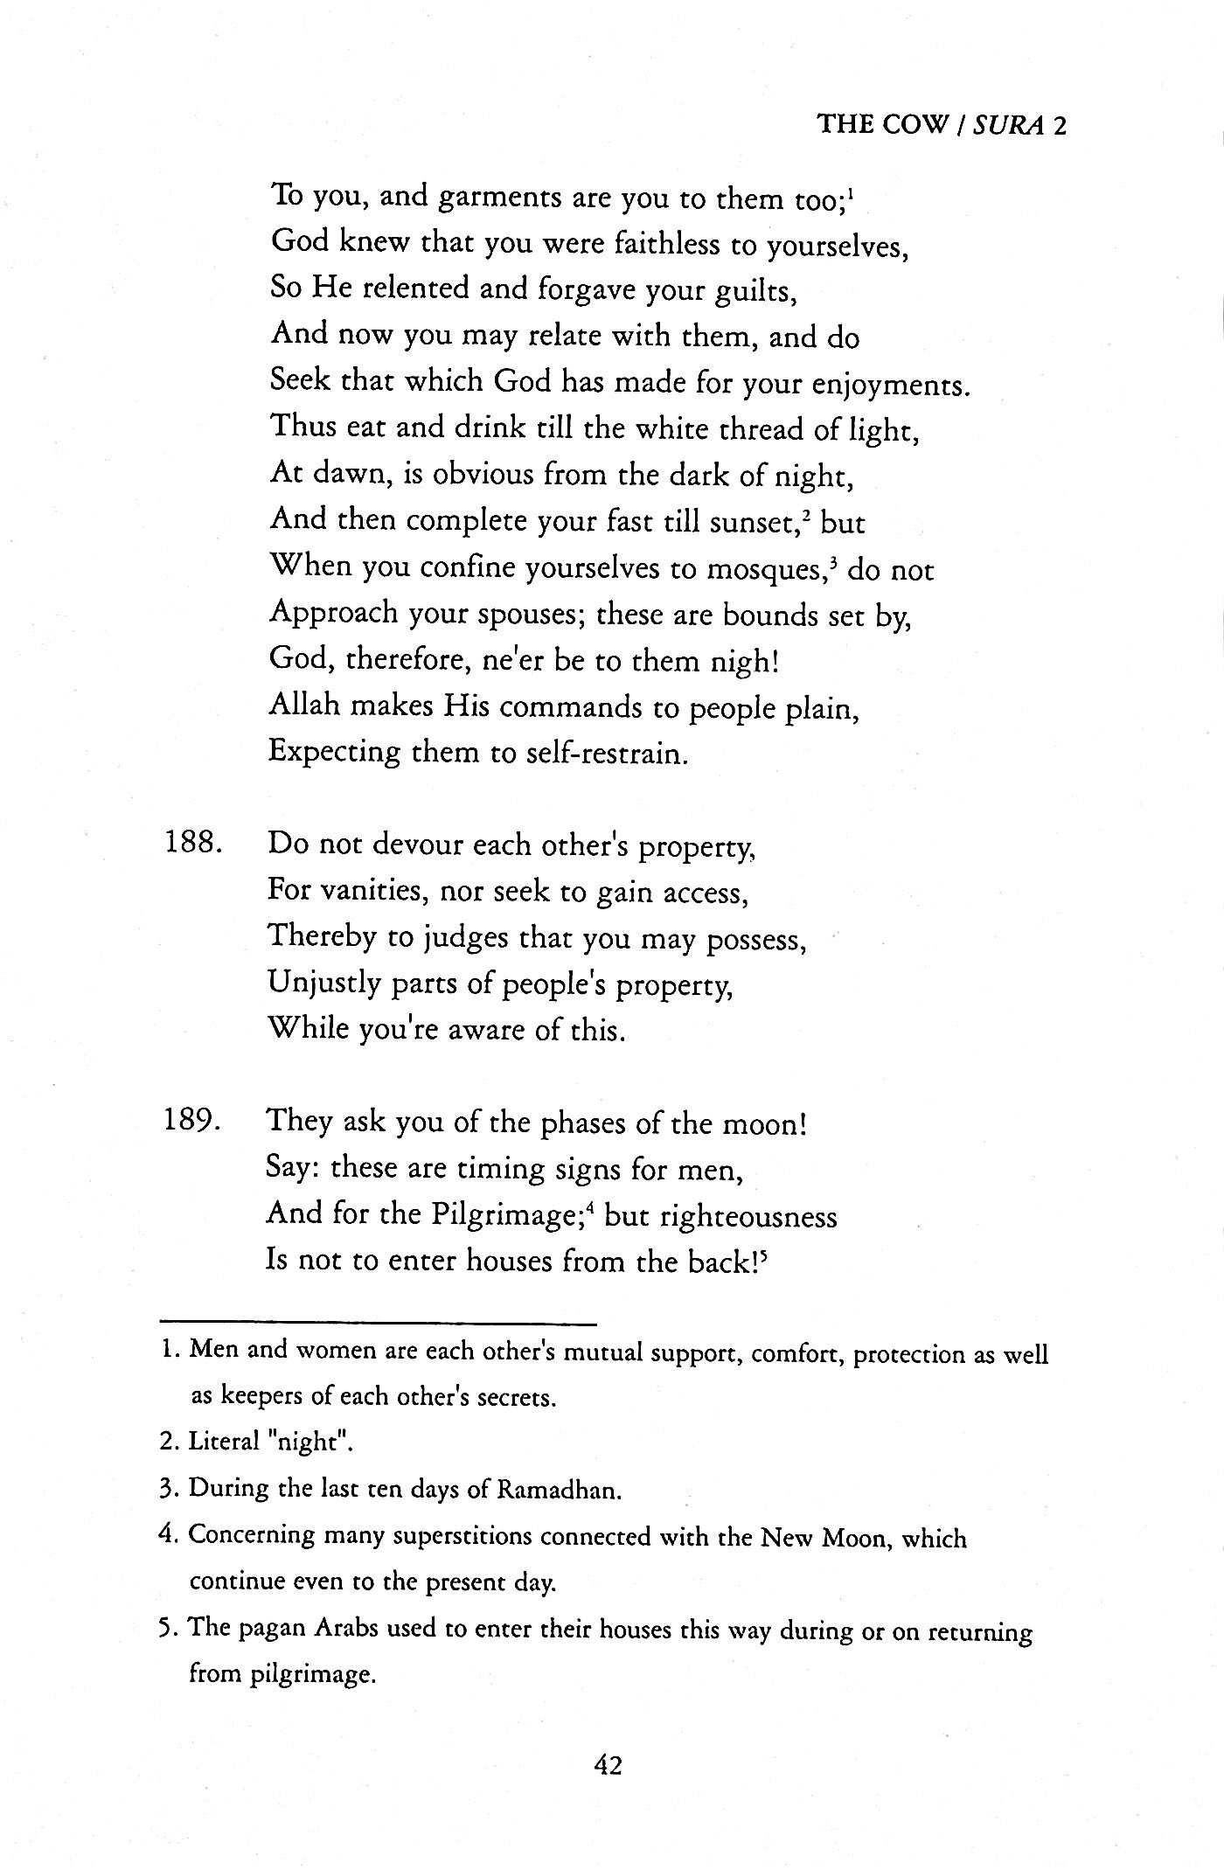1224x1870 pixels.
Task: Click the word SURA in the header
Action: pyautogui.click(x=1010, y=125)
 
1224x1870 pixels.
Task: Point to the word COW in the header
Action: pyautogui.click(x=915, y=125)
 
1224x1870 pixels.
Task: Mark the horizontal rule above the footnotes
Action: pyautogui.click(x=378, y=1324)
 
